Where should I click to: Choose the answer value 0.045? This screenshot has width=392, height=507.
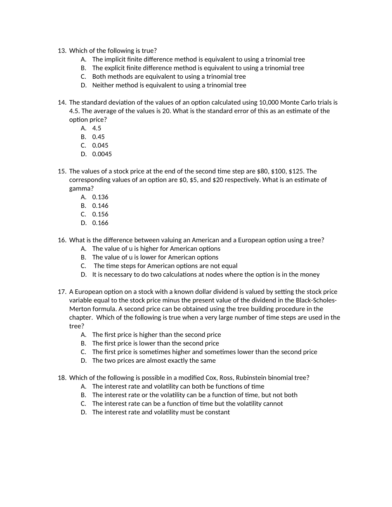[x=100, y=146]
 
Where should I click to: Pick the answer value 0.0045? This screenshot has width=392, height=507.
[x=102, y=154]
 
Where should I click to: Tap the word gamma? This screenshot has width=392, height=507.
[x=78, y=188]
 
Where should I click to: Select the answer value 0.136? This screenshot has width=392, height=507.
[x=100, y=197]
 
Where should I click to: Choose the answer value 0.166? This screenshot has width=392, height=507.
[x=100, y=223]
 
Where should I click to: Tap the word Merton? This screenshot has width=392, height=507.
[x=79, y=309]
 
